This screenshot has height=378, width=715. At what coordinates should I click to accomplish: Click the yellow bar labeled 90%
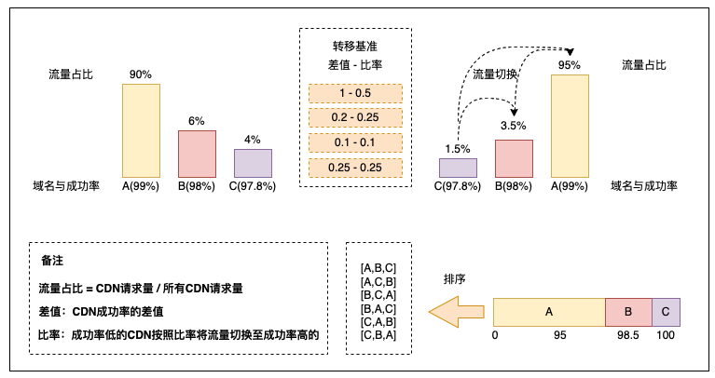pyautogui.click(x=141, y=130)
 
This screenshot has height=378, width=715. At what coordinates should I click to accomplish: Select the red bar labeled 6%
pyautogui.click(x=197, y=154)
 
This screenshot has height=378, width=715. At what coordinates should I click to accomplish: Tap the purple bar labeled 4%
pyautogui.click(x=253, y=163)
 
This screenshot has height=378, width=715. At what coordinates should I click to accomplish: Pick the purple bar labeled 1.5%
pyautogui.click(x=459, y=168)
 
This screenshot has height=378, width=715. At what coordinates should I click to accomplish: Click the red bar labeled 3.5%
pyautogui.click(x=514, y=158)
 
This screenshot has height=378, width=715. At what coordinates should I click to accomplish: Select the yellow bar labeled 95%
pyautogui.click(x=570, y=126)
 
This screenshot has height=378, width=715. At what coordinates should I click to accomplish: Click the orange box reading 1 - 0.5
pyautogui.click(x=356, y=93)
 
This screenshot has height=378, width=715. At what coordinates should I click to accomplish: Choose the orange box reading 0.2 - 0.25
pyautogui.click(x=356, y=117)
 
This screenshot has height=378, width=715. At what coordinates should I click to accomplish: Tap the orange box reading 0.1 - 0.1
pyautogui.click(x=356, y=142)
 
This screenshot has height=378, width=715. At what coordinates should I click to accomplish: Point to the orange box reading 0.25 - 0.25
pyautogui.click(x=356, y=168)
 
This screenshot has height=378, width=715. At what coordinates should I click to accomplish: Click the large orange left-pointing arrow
pyautogui.click(x=457, y=312)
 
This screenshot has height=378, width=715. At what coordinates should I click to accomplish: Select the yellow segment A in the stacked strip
pyautogui.click(x=549, y=313)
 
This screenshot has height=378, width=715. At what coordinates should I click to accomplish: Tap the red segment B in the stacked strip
pyautogui.click(x=628, y=313)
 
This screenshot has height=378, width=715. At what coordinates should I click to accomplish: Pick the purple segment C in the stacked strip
pyautogui.click(x=666, y=313)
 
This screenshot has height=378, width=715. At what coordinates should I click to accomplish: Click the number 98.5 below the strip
pyautogui.click(x=628, y=335)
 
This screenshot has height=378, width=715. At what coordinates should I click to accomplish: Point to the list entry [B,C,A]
pyautogui.click(x=378, y=295)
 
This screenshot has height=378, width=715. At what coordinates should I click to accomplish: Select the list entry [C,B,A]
pyautogui.click(x=378, y=335)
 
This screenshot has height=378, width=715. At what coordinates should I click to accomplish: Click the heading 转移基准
pyautogui.click(x=355, y=46)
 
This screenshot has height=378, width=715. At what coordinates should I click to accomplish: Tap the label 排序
pyautogui.click(x=455, y=279)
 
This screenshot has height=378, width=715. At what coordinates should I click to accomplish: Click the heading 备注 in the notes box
pyautogui.click(x=52, y=261)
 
